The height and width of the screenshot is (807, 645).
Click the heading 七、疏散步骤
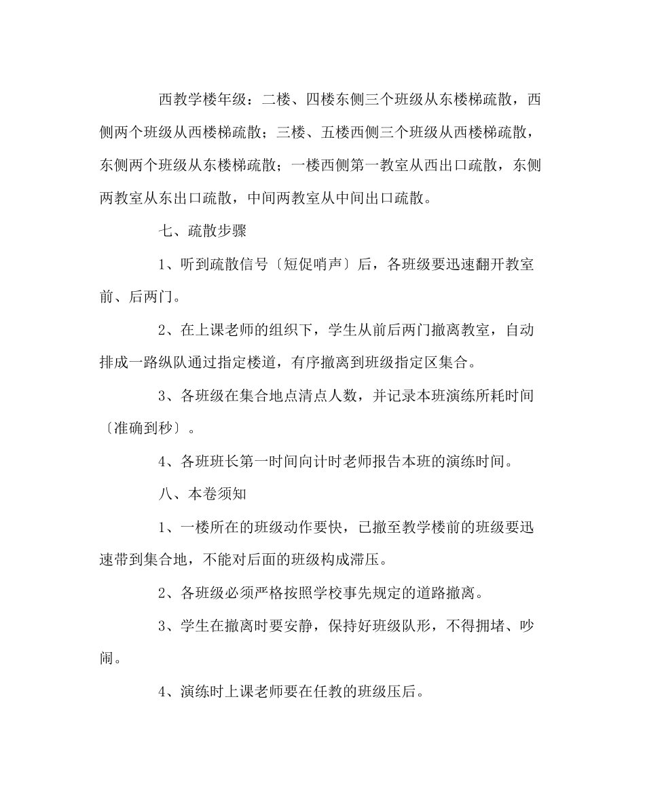point(202,231)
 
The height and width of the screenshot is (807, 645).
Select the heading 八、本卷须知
point(202,495)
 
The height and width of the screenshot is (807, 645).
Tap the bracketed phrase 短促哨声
point(310,264)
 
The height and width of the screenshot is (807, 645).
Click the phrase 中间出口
point(344,198)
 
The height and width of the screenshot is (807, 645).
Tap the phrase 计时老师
point(345,462)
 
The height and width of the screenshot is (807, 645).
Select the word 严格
point(268,594)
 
